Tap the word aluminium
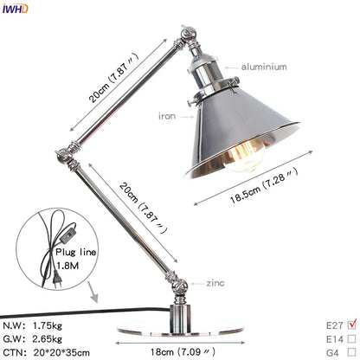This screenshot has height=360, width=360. click(x=253, y=64)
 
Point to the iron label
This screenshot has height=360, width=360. click(x=167, y=114)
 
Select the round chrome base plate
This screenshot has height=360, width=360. click(x=183, y=332)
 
